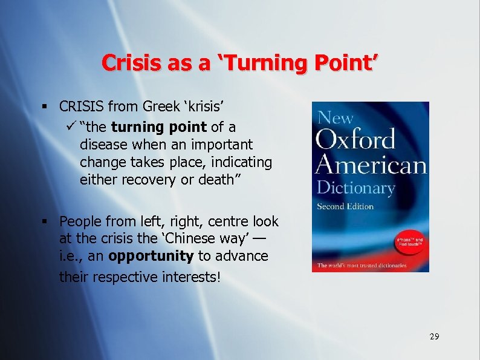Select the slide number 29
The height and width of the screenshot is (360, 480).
point(434,336)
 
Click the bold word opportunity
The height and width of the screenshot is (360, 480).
point(151,256)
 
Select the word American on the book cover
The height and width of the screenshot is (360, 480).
point(370,165)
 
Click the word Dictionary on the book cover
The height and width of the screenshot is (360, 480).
point(355,188)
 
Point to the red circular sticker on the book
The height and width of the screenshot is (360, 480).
point(409,244)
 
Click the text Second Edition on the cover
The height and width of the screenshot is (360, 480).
point(345,206)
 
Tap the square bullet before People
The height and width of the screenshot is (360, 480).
point(45,221)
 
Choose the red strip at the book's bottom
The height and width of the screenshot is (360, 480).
point(370,266)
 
